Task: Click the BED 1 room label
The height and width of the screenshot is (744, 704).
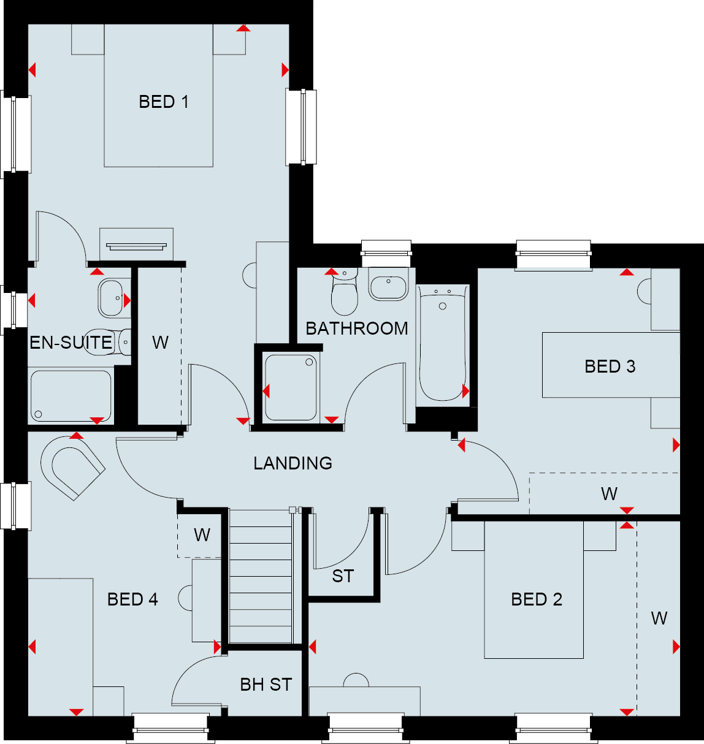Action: (x=164, y=102)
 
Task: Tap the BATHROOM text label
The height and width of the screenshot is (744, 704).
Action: (x=357, y=328)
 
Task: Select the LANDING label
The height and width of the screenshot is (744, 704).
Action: (x=293, y=463)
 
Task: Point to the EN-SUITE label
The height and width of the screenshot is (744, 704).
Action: (x=71, y=343)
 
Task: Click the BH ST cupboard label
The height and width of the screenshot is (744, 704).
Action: (x=266, y=685)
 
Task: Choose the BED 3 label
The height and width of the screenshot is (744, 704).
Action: (x=610, y=366)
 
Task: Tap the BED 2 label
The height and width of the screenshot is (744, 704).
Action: (x=537, y=599)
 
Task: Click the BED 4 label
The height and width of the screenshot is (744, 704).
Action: (x=132, y=599)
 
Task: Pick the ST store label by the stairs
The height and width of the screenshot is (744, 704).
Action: (x=343, y=576)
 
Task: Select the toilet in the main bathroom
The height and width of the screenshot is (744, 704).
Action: (x=344, y=291)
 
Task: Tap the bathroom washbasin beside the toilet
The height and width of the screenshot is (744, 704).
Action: (x=388, y=284)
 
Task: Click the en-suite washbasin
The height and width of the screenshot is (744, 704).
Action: (x=110, y=298)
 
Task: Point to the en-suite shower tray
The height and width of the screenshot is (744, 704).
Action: (x=71, y=396)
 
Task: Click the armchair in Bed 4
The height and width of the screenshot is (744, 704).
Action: (x=72, y=468)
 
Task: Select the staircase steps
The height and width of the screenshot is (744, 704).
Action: (x=261, y=576)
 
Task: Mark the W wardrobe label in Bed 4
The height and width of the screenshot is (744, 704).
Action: (x=202, y=535)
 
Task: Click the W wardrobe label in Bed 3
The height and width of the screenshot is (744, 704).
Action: (x=609, y=493)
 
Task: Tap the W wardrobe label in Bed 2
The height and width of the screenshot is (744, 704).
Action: (x=659, y=618)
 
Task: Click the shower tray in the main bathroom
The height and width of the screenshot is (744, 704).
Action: (x=291, y=387)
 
